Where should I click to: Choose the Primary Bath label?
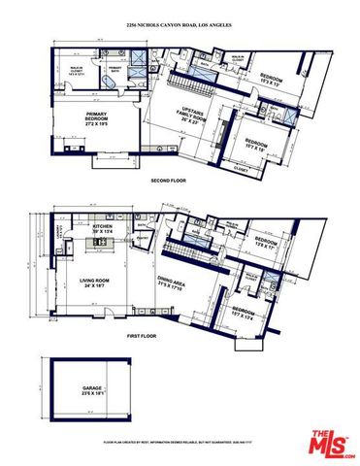click(115, 69)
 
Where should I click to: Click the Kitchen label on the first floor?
click(103, 229)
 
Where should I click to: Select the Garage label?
click(92, 390)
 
